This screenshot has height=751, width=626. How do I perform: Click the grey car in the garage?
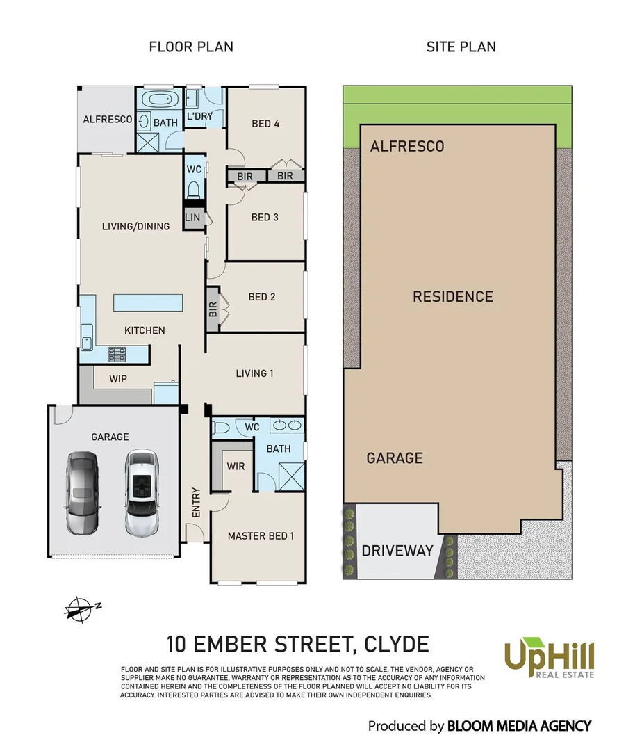[82, 492]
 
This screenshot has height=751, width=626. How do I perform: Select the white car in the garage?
[142, 492]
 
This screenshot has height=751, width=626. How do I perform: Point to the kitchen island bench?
[148, 302]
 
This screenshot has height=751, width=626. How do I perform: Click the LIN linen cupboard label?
[192, 218]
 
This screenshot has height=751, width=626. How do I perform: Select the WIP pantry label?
[119, 380]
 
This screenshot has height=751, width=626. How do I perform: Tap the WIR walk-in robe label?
[236, 466]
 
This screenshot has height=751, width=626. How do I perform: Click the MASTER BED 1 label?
[261, 536]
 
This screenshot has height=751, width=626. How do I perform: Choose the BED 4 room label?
[265, 124]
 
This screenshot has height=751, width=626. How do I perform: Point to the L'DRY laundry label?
[199, 116]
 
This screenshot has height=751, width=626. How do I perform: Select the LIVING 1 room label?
[255, 373]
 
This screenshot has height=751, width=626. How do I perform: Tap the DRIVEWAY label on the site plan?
[397, 551]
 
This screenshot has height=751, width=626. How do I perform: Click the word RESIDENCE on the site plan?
[452, 297]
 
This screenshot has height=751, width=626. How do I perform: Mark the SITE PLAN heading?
[461, 47]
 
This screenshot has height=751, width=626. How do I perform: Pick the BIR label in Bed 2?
[213, 309]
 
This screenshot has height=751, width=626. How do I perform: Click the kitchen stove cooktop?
[117, 355]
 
